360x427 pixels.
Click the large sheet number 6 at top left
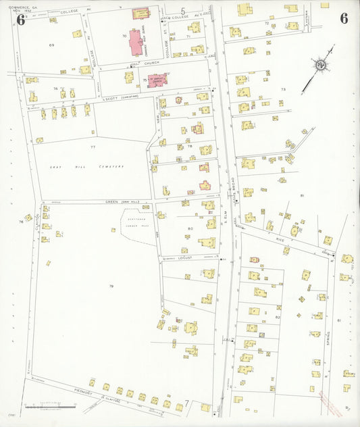(20, 19)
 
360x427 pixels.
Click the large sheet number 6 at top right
(344, 18)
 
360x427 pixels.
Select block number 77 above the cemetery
(93, 146)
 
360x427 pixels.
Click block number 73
(284, 90)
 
